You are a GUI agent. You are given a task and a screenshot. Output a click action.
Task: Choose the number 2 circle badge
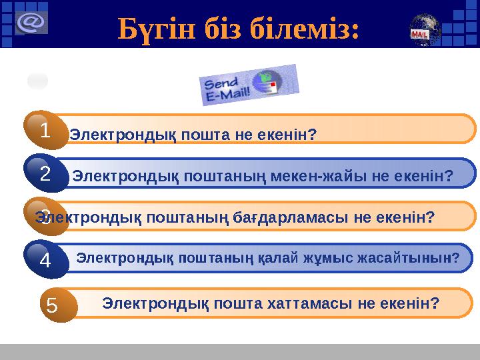[x=45, y=175]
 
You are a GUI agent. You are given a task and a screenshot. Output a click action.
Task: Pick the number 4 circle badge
[x=45, y=261]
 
